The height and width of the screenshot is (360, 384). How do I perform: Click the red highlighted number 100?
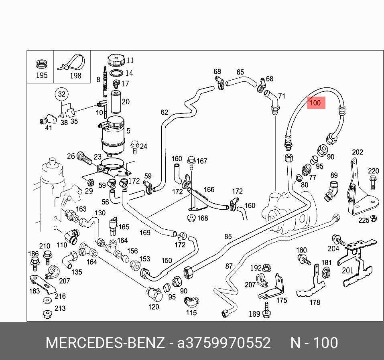[x=315, y=103]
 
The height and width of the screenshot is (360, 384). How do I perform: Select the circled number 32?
[x=61, y=95]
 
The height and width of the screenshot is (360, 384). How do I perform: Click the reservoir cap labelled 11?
[x=116, y=61]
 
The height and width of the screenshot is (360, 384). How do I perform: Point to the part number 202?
[x=358, y=152]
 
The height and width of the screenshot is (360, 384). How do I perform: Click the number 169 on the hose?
[x=144, y=233]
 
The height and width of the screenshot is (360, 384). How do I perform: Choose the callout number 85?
[x=228, y=237]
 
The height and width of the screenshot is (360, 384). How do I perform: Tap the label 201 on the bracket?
[x=347, y=270]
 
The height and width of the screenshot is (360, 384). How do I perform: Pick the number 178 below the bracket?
[x=315, y=302]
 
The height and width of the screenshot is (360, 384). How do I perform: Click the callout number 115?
[x=191, y=313]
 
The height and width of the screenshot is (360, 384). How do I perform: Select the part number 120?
[x=154, y=307]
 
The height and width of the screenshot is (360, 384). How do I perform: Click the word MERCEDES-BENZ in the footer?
[x=105, y=343]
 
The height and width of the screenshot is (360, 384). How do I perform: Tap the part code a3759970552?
[x=224, y=343]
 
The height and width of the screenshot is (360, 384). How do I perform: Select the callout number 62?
[x=165, y=112]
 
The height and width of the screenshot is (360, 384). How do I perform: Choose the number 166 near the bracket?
[x=209, y=190]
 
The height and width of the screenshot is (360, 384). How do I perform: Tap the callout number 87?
[x=229, y=266]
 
